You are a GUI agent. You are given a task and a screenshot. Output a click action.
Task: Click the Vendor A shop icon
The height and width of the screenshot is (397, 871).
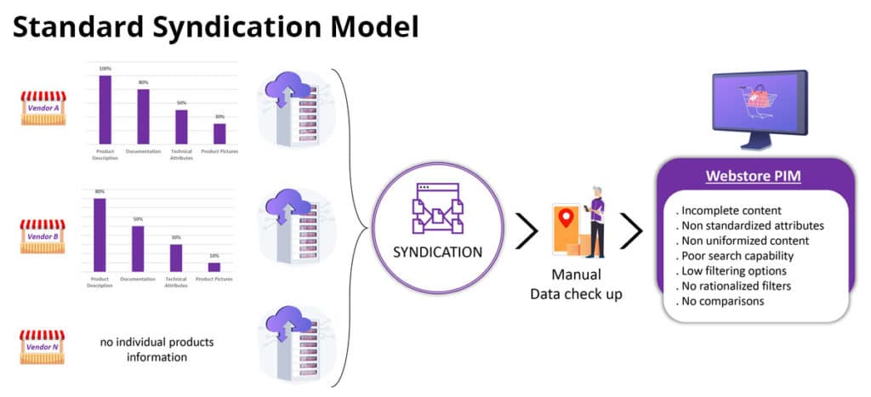click(x=43, y=108)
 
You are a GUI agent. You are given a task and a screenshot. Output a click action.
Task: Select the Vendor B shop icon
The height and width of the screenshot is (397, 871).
click(x=43, y=236)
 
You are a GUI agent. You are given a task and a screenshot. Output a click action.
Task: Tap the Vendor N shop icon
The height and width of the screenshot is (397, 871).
click(x=43, y=348)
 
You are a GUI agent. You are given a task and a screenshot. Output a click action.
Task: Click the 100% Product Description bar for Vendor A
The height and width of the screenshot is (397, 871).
click(x=105, y=110)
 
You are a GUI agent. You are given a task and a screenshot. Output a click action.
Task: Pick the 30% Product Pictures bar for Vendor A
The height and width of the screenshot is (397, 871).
click(x=219, y=133)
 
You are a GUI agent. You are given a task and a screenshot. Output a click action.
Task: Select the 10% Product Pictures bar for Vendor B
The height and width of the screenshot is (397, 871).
click(x=214, y=267)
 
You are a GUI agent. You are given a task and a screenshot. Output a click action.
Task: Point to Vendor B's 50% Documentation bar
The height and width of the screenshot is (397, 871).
click(x=138, y=248)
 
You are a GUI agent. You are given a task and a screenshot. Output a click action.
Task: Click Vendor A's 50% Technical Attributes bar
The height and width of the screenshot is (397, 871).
click(x=181, y=127)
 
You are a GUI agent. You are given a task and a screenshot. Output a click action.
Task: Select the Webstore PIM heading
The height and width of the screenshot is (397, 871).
click(x=753, y=177)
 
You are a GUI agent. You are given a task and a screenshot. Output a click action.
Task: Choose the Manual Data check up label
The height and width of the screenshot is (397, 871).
click(x=577, y=284)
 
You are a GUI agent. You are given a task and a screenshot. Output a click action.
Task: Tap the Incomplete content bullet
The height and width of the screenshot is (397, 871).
click(x=730, y=210)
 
